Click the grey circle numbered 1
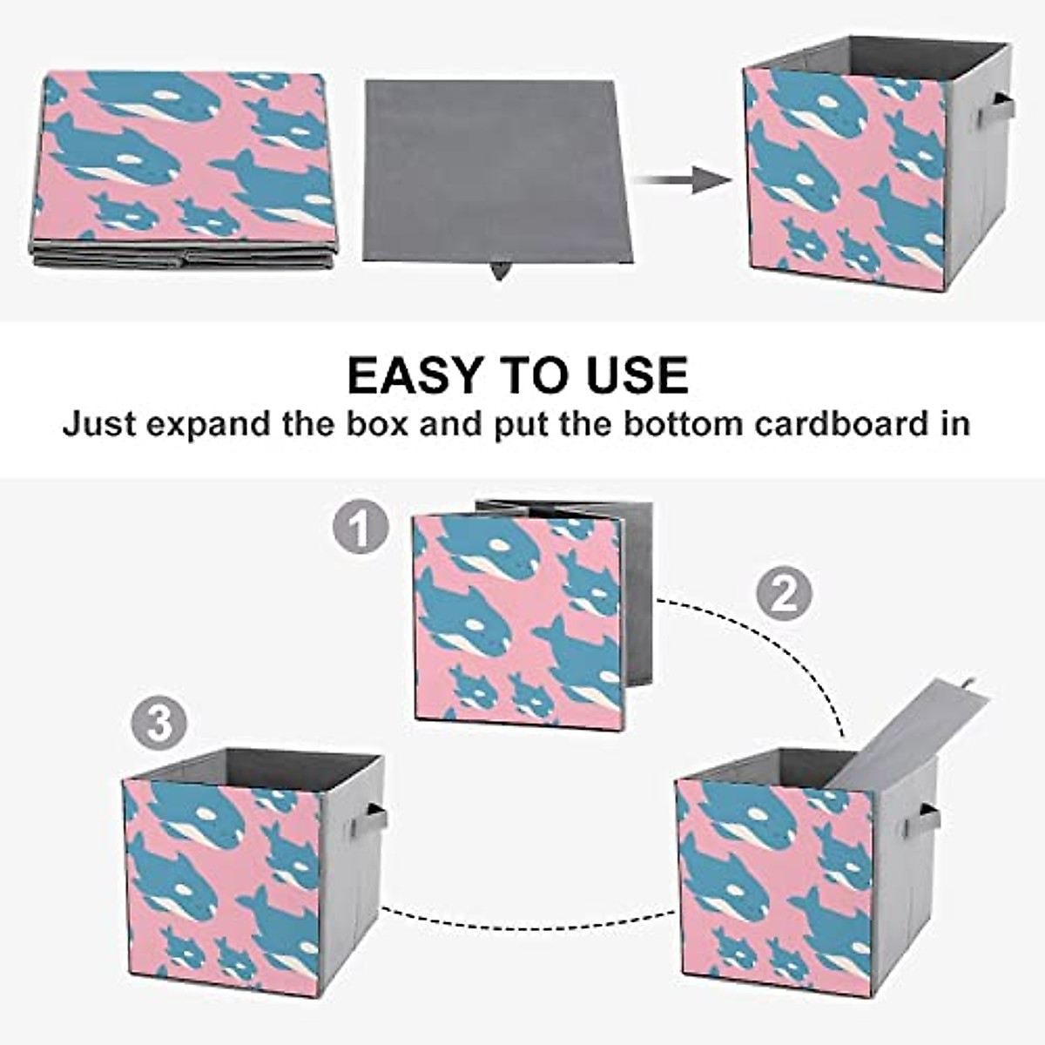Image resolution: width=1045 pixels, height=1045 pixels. click(x=360, y=528)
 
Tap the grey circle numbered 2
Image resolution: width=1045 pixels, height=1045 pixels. click(x=783, y=594)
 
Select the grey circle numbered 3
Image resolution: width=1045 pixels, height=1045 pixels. click(x=158, y=724)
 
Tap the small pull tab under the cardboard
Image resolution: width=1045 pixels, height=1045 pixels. click(x=500, y=271)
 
